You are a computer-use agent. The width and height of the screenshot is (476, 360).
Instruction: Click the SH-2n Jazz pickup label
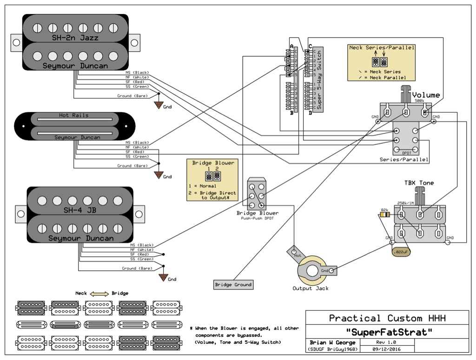pyautogui.click(x=75, y=38)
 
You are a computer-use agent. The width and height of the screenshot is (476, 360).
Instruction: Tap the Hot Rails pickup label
pyautogui.click(x=73, y=115)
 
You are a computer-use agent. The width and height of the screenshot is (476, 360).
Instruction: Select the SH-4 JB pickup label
pyautogui.click(x=79, y=210)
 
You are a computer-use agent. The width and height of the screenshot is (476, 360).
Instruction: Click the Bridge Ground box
pyautogui.click(x=233, y=285)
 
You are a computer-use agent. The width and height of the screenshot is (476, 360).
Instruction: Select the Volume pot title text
pyautogui.click(x=426, y=95)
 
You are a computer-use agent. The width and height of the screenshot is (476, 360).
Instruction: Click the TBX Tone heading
pyautogui.click(x=419, y=183)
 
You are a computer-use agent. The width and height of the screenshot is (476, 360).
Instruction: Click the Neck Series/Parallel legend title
pyautogui.click(x=382, y=48)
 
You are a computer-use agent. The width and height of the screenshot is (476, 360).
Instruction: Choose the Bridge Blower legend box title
pyautogui.click(x=213, y=163)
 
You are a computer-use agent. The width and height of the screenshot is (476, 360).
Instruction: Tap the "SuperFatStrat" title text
pyautogui.click(x=387, y=333)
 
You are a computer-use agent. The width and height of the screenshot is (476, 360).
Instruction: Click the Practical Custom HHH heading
pyautogui.click(x=387, y=318)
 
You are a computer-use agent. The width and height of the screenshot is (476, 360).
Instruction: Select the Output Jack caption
pyautogui.click(x=310, y=288)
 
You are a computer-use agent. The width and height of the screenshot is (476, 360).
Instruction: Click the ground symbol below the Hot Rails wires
pyautogui.click(x=159, y=174)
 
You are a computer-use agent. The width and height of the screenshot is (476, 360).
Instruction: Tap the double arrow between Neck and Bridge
pyautogui.click(x=99, y=293)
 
